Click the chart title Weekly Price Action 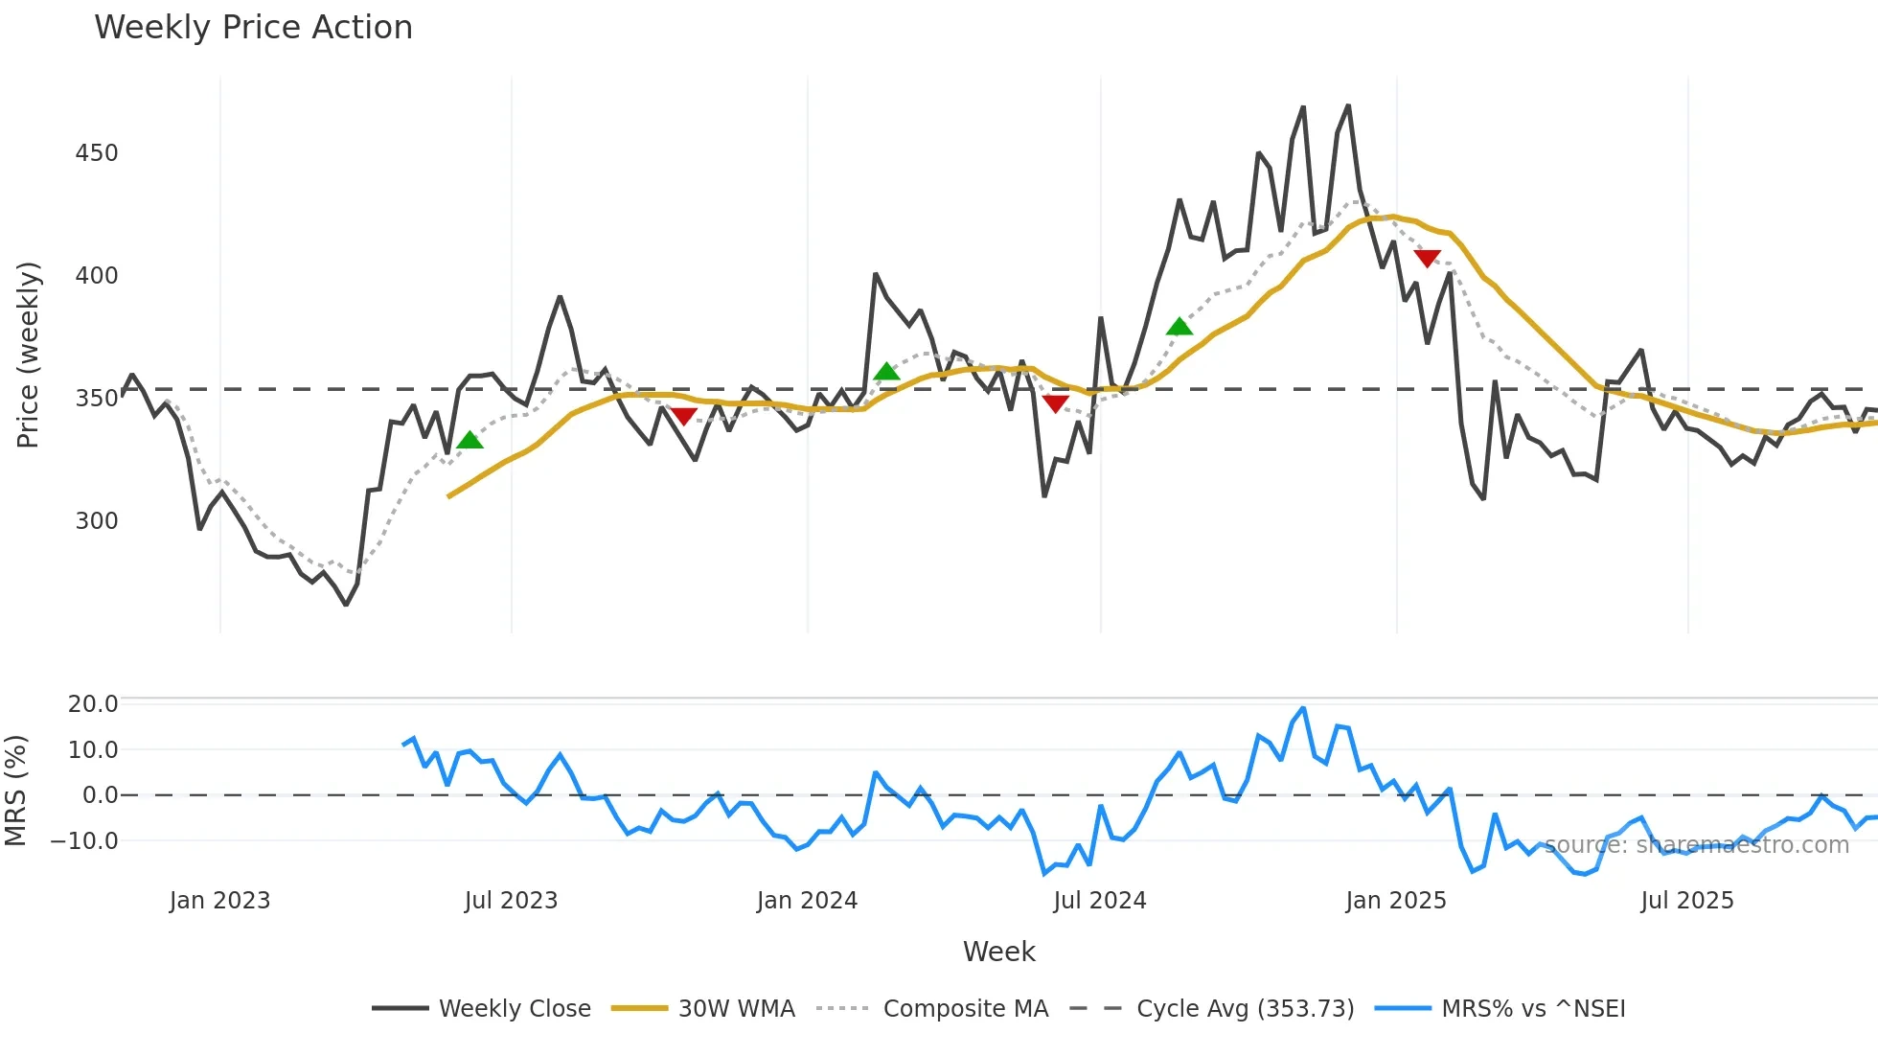(x=253, y=28)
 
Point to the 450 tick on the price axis (x=97, y=153)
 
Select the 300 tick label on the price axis (x=97, y=521)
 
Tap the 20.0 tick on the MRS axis (x=93, y=704)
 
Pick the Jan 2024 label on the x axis (x=807, y=901)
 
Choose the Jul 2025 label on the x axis (x=1686, y=901)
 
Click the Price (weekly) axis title (x=29, y=355)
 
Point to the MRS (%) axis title (x=16, y=791)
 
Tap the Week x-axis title (x=998, y=952)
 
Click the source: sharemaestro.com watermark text (x=1696, y=845)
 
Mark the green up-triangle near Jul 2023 (x=469, y=441)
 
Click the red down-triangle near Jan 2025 (x=1427, y=259)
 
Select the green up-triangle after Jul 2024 (x=1179, y=327)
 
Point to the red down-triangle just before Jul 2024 (x=1055, y=404)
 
